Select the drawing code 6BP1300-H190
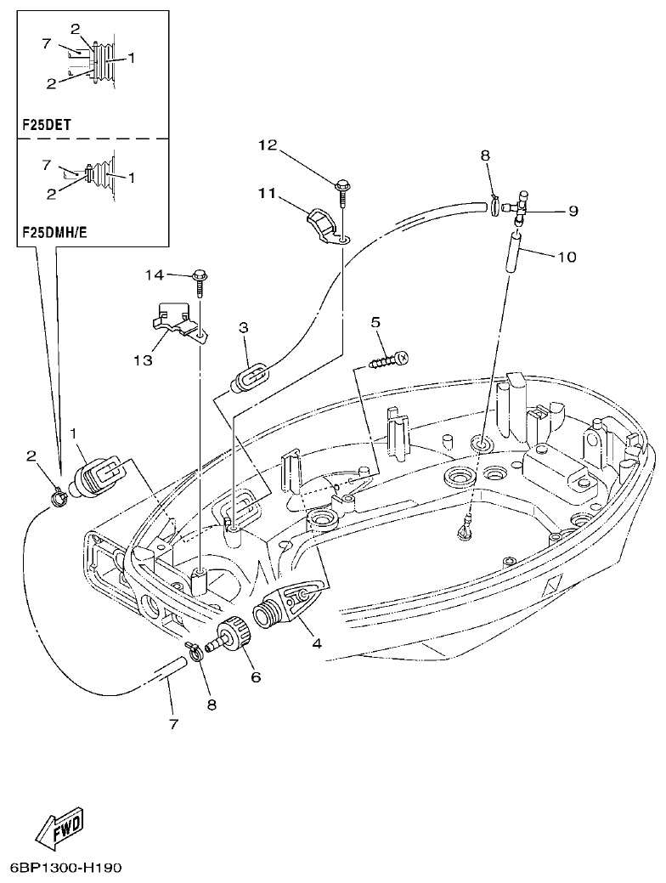(x=67, y=869)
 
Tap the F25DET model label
(x=46, y=124)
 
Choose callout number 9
(x=573, y=211)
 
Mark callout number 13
(x=143, y=360)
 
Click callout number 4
(x=316, y=643)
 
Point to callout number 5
(x=375, y=322)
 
